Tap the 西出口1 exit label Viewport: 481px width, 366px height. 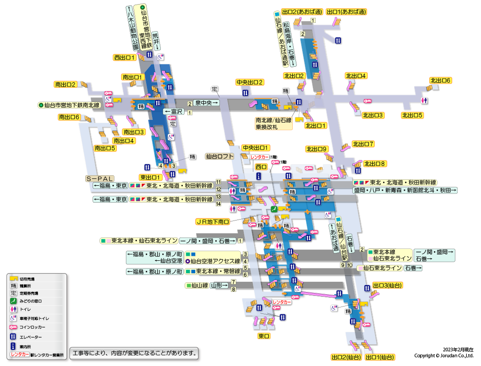[x=124, y=58]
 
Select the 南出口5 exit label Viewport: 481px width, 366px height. [x=105, y=148]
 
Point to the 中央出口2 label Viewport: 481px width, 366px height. [x=250, y=82]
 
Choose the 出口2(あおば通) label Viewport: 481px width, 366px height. [x=302, y=12]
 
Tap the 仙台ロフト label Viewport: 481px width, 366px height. [x=220, y=156]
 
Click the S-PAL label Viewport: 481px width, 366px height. [x=99, y=178]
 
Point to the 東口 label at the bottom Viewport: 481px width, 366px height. [x=264, y=336]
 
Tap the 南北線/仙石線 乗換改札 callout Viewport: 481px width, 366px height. [x=273, y=124]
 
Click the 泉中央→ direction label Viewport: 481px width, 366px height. [x=206, y=103]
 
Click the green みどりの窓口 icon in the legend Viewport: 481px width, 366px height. [x=14, y=301]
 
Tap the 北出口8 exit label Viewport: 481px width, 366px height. [x=375, y=163]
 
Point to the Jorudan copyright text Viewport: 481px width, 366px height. [x=443, y=355]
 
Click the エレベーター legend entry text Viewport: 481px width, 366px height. [x=31, y=337]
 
